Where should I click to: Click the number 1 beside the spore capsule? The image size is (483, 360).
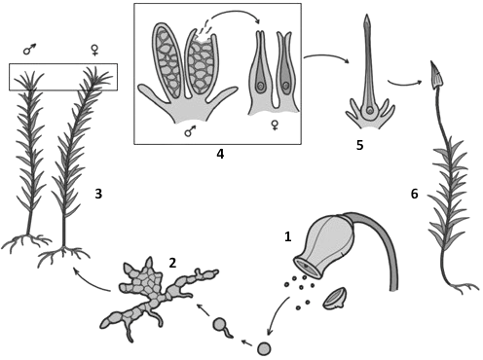(x=287, y=236)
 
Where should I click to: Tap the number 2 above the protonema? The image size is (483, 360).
(x=172, y=263)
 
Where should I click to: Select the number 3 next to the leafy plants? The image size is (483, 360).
(x=98, y=194)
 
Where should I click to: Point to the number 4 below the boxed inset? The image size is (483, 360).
(x=220, y=154)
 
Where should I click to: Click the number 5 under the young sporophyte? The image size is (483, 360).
(x=359, y=145)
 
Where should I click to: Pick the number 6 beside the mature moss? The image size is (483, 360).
(x=415, y=194)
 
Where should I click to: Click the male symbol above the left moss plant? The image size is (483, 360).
(x=29, y=49)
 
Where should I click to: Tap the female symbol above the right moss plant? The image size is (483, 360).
(x=94, y=50)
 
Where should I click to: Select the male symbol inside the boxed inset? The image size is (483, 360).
(x=190, y=131)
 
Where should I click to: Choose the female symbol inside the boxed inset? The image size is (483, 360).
(x=275, y=126)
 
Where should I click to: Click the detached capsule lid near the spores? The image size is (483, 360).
(x=335, y=299)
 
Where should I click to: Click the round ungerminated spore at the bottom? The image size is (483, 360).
(x=264, y=349)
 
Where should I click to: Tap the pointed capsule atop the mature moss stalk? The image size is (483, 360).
(x=437, y=76)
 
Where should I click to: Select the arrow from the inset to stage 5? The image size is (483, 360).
(x=326, y=57)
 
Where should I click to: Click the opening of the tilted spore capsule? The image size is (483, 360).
(x=307, y=267)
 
